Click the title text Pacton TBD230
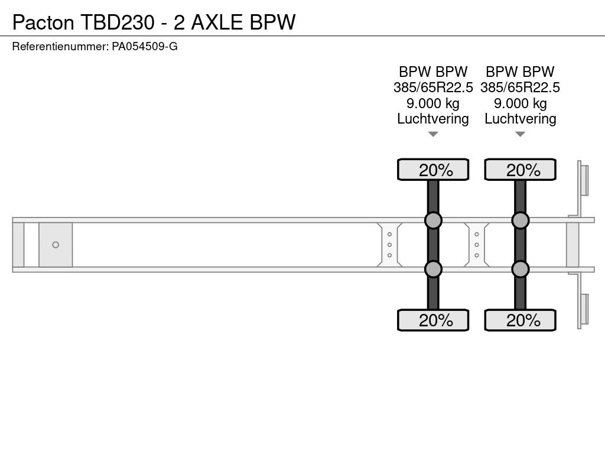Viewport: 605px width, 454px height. click(83, 22)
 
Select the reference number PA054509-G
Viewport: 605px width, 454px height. click(145, 47)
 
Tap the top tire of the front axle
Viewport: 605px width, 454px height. click(433, 170)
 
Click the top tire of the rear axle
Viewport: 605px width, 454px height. click(520, 170)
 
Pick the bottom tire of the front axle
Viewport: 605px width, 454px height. click(433, 320)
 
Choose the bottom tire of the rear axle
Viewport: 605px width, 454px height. click(520, 320)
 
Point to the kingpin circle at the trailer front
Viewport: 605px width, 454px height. click(56, 245)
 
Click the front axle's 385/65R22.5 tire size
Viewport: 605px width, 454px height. click(433, 87)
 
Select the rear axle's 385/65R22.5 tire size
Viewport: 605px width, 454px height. click(520, 87)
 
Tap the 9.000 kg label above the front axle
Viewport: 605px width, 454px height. click(433, 103)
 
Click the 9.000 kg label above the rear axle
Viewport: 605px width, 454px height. click(520, 103)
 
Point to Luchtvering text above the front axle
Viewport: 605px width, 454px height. click(433, 119)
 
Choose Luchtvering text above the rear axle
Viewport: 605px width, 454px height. click(520, 119)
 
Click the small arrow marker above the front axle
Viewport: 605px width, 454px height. click(433, 134)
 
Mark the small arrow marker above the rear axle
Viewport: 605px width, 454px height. click(520, 134)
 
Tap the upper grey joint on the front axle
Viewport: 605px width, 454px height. click(433, 220)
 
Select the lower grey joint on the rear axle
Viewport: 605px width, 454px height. click(520, 269)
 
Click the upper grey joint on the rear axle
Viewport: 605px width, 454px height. click(520, 220)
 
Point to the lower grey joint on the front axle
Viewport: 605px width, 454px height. click(433, 269)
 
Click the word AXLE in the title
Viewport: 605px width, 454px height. click(217, 22)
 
